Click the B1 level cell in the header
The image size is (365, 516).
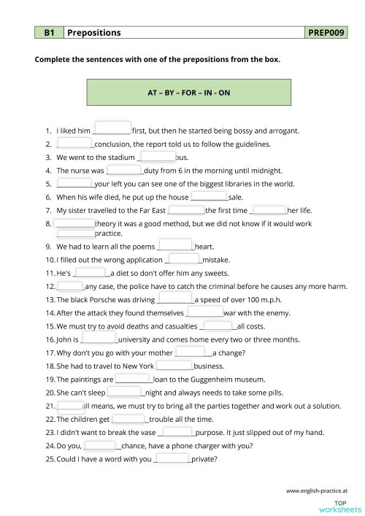click(50, 33)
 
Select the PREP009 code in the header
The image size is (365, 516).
click(326, 33)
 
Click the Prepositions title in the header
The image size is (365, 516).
click(94, 33)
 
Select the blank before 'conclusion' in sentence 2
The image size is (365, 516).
click(74, 143)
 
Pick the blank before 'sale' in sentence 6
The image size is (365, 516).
click(209, 196)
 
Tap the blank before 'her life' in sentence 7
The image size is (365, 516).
click(269, 209)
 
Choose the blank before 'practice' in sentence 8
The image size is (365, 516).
click(75, 233)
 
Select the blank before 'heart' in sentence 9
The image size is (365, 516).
click(175, 246)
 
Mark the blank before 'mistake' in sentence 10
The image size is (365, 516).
click(183, 259)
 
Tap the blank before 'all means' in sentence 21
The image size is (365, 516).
click(70, 405)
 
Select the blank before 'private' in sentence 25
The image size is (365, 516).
click(173, 459)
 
